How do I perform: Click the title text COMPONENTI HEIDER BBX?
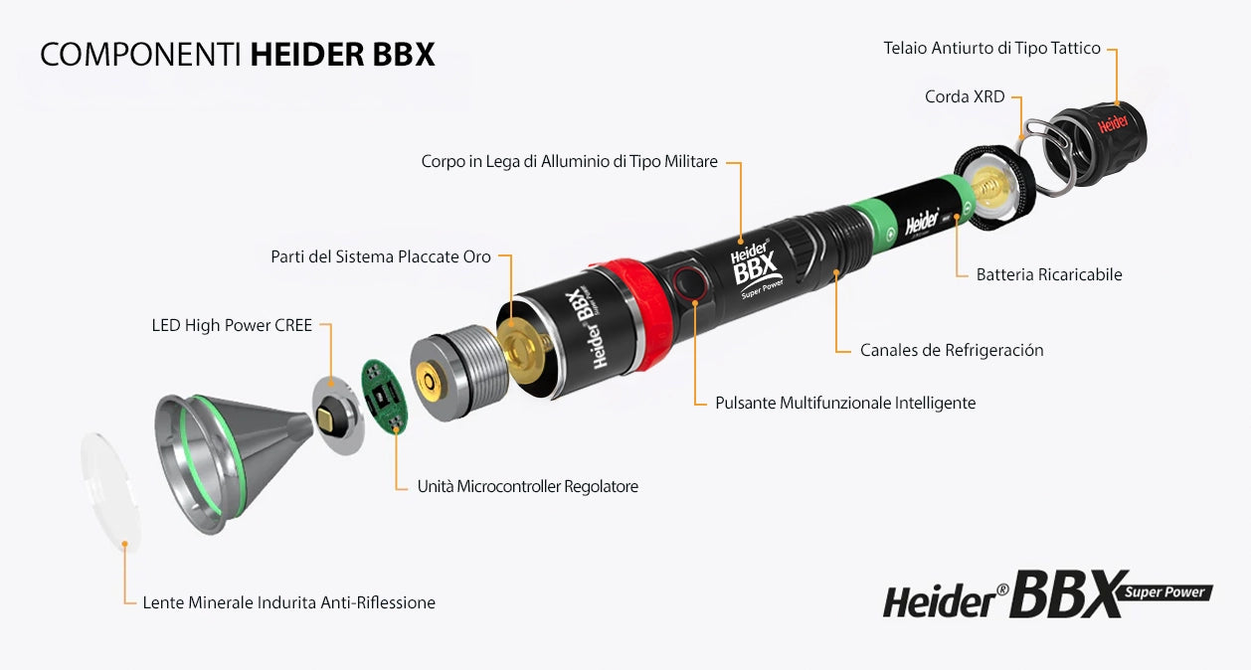click(x=238, y=55)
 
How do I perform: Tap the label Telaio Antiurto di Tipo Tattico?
click(x=991, y=48)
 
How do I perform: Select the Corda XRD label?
click(x=965, y=96)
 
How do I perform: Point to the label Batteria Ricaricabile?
click(x=1048, y=274)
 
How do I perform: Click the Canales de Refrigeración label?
click(x=952, y=350)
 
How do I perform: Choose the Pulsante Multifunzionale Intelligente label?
click(x=845, y=403)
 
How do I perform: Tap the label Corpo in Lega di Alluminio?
click(x=569, y=161)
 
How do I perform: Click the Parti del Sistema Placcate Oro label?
click(x=381, y=256)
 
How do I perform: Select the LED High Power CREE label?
click(x=232, y=325)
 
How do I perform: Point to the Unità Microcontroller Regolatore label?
click(x=527, y=486)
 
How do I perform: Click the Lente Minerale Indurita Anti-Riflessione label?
click(x=288, y=602)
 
